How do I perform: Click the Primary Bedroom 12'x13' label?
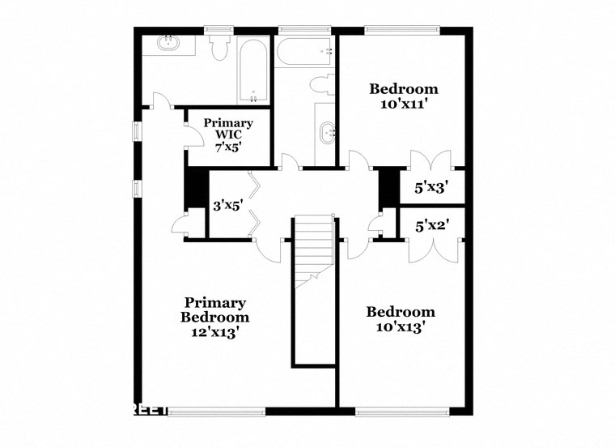pos(214,317)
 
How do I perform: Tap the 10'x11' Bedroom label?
pos(404,96)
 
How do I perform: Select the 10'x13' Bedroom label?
pos(401,319)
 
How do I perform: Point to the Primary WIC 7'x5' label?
pos(228,135)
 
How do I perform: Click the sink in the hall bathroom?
pos(327,131)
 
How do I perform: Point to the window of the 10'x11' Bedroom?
pos(401,31)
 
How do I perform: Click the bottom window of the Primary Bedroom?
pos(217,411)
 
